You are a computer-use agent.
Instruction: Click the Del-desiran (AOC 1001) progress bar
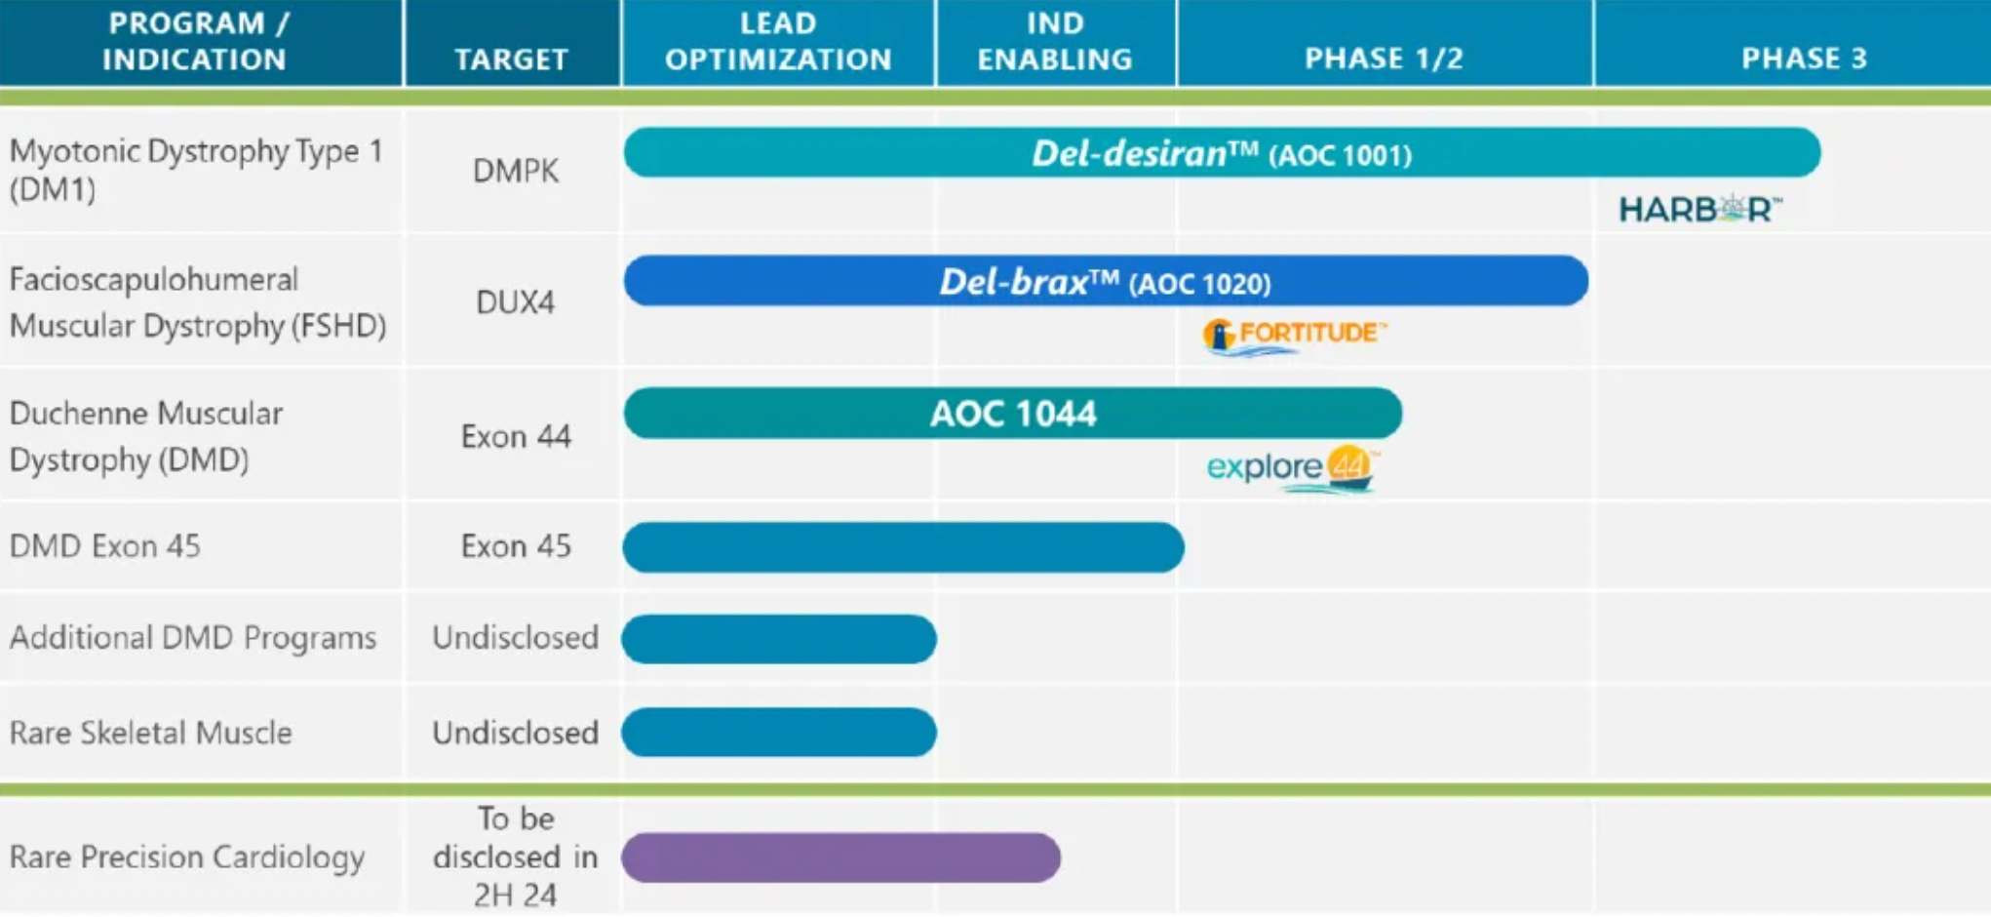click(1222, 153)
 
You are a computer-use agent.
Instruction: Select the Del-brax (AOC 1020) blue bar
click(1106, 281)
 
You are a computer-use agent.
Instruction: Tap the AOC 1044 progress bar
click(1013, 413)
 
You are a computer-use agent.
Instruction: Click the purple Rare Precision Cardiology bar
click(841, 857)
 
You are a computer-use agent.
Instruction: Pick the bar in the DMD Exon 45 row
click(904, 547)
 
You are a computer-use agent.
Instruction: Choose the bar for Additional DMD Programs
click(779, 639)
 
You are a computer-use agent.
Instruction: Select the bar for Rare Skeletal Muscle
click(779, 733)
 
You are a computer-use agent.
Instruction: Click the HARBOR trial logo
click(1700, 209)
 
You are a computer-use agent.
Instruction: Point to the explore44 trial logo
click(1293, 469)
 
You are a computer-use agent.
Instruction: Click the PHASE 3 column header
click(1804, 59)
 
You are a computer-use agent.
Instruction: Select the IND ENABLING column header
click(1055, 41)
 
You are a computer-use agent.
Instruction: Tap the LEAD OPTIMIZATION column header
click(778, 41)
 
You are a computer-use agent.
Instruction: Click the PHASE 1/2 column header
click(1385, 59)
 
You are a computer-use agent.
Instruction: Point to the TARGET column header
click(511, 60)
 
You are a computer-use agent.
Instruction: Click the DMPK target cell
click(516, 171)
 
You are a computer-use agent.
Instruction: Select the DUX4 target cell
click(515, 302)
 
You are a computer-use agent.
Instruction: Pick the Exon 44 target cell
click(516, 436)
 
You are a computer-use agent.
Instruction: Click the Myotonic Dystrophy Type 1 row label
click(196, 170)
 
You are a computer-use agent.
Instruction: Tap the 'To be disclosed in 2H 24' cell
click(515, 857)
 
